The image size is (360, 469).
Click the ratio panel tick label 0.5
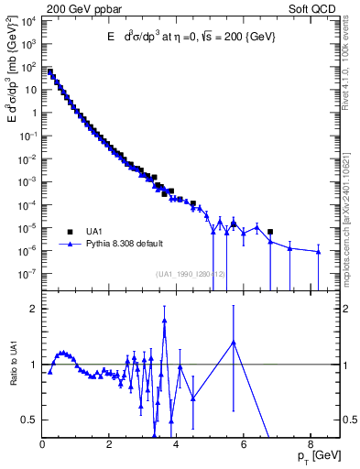point(29,420)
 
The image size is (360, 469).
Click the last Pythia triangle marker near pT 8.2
point(318,253)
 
